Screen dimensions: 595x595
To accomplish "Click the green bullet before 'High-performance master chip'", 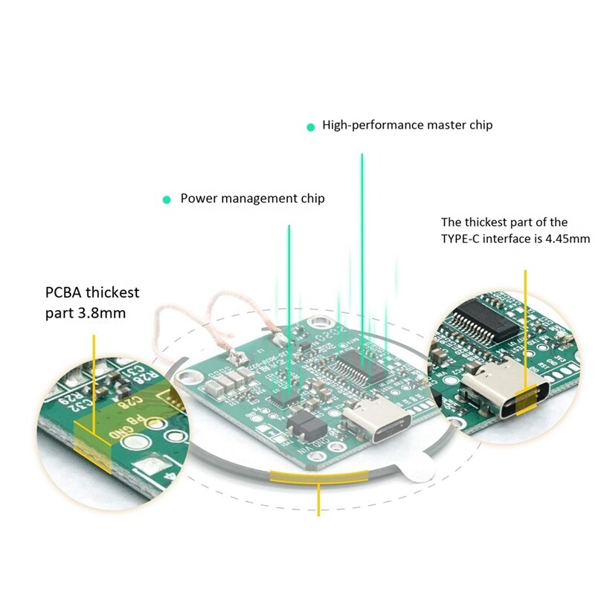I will coord(311,126).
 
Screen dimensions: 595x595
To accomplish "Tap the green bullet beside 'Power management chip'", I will coord(167,199).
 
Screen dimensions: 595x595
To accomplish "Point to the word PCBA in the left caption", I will coord(63,292).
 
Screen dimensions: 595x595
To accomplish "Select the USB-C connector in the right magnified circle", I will coord(506,398).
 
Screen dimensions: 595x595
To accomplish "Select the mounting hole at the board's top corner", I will coord(321,323).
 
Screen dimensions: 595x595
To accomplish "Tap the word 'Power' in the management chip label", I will coord(198,199).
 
